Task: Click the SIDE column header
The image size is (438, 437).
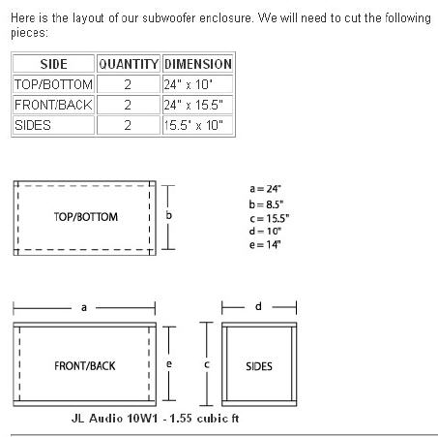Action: (53, 64)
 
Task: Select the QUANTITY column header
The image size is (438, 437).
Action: (129, 64)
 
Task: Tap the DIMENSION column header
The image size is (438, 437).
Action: (198, 64)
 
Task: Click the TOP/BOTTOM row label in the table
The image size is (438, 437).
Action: (53, 84)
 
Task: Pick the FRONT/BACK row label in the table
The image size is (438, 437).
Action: (53, 105)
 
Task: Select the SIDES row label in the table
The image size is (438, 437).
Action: (33, 125)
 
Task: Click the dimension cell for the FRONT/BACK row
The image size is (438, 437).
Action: (193, 105)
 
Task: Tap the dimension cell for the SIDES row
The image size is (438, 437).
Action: (193, 125)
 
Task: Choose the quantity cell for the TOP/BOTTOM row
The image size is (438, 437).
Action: (128, 84)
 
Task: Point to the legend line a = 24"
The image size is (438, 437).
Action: (265, 189)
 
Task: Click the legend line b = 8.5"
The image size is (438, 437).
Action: (266, 204)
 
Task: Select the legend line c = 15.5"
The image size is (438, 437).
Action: (269, 218)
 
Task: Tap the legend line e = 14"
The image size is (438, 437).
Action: (265, 244)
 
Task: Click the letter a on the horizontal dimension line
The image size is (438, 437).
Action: (84, 307)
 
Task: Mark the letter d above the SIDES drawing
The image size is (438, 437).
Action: (258, 306)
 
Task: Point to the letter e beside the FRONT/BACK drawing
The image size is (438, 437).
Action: (168, 364)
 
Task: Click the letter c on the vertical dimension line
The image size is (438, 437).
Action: (207, 364)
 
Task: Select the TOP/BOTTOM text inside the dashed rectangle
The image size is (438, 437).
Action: (86, 217)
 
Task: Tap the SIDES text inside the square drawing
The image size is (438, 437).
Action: (259, 366)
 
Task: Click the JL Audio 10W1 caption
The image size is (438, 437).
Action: (155, 419)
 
